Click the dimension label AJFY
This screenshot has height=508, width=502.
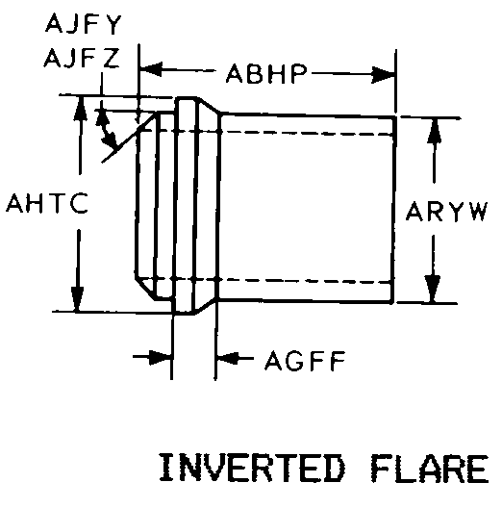[84, 24]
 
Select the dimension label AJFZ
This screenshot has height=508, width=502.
[82, 58]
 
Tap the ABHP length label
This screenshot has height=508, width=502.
[266, 73]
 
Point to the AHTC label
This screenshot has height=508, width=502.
[47, 203]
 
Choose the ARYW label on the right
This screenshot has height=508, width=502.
[446, 212]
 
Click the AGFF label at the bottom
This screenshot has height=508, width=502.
[305, 361]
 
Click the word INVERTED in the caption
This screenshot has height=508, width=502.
[252, 468]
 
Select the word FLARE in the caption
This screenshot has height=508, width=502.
[430, 469]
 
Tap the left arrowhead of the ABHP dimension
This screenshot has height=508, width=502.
[151, 68]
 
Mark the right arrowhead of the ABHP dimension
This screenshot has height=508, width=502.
[384, 75]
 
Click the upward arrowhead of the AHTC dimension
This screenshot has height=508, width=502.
[80, 108]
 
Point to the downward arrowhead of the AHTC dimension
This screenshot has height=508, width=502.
[77, 299]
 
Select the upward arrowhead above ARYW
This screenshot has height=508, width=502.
[434, 131]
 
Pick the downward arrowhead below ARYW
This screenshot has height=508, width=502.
[432, 289]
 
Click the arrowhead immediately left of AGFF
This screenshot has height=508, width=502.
[228, 358]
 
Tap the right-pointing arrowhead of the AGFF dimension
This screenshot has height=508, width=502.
[160, 357]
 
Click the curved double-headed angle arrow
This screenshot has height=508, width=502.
[106, 127]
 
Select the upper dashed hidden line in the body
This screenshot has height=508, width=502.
[266, 132]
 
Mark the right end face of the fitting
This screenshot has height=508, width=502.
[393, 210]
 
